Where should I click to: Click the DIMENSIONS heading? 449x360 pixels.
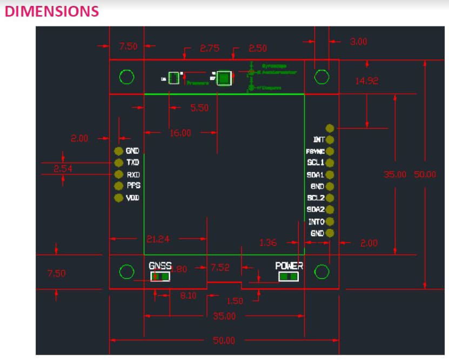pos(51,11)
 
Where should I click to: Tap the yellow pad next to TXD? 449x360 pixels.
pos(118,162)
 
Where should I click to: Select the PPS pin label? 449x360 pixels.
pos(133,186)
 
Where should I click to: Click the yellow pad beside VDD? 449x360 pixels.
pos(118,198)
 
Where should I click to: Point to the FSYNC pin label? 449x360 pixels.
pos(315,152)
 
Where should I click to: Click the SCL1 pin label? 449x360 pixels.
pos(316,163)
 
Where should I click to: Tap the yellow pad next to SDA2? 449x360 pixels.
pos(330,209)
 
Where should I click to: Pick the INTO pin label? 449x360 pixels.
pos(316,221)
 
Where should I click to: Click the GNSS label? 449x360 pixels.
pos(160,266)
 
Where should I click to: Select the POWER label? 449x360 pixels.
pos(289,266)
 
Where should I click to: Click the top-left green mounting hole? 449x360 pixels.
pos(126,77)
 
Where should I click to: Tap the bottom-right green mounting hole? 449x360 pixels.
pos(321,271)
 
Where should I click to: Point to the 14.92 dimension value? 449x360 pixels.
pos(366,81)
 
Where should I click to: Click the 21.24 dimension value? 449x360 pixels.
pos(157,239)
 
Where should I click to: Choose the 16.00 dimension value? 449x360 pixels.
pos(180,133)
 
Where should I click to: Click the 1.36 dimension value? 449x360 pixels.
pos(268,243)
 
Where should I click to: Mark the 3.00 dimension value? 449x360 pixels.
pos(358,42)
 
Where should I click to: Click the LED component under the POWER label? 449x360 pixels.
pos(288,277)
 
